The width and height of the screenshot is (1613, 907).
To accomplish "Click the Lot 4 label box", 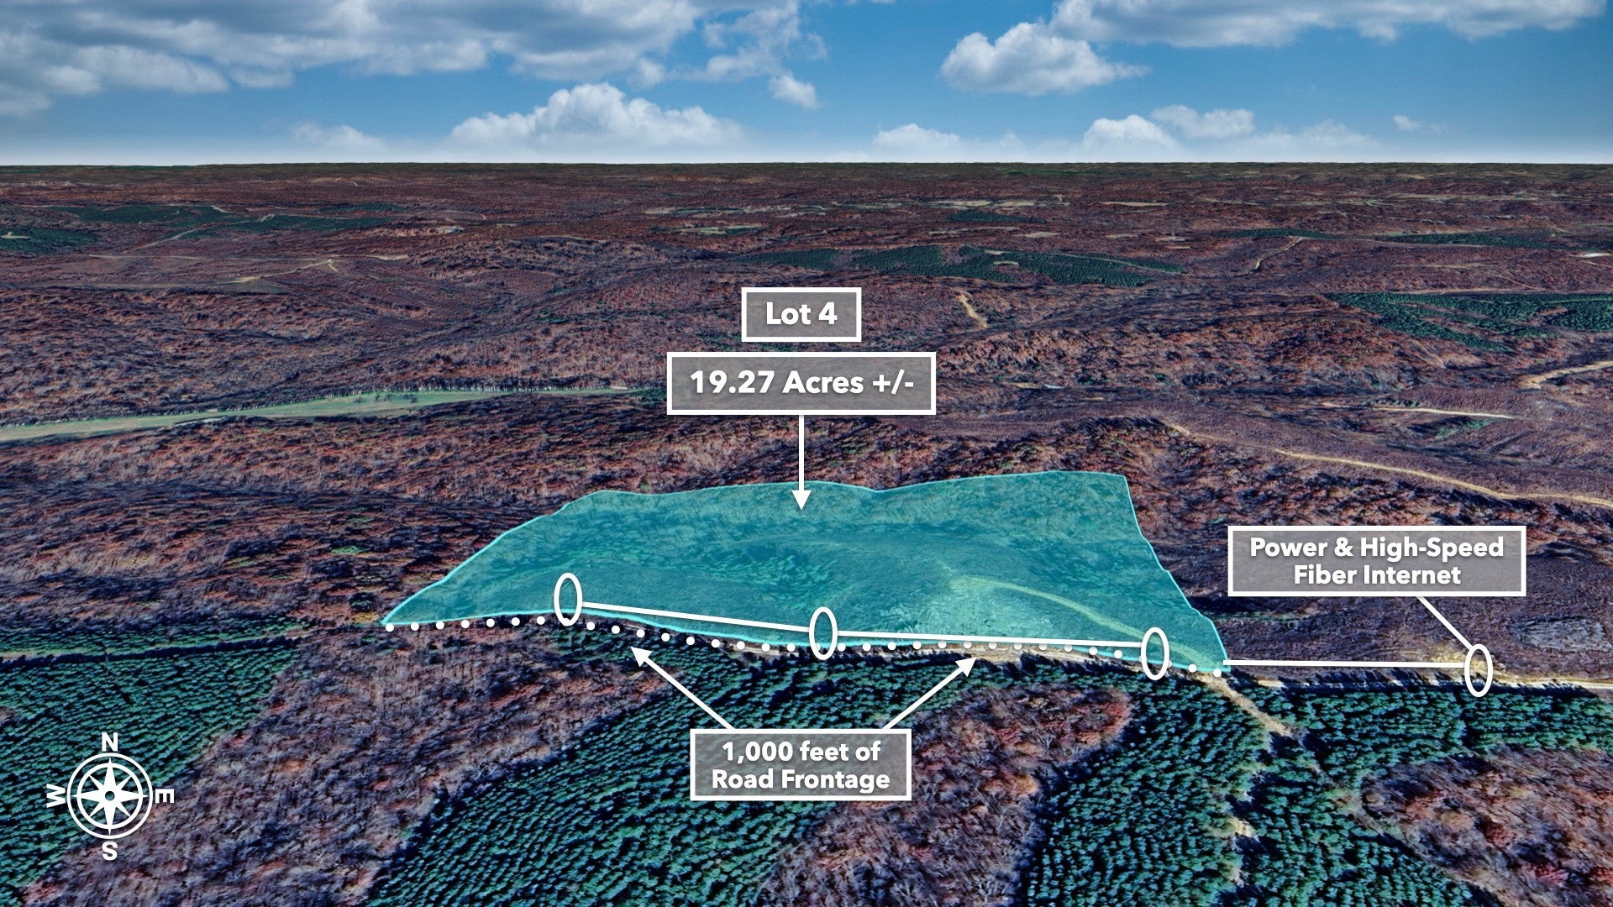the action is click(801, 315).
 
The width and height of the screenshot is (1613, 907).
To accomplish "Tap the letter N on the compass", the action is click(109, 742).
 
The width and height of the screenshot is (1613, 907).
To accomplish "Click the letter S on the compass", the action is click(109, 851).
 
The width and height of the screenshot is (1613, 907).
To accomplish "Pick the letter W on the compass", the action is click(55, 797).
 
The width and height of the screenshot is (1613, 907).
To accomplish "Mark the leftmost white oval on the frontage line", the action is click(568, 599).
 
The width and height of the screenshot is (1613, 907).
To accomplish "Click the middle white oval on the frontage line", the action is click(823, 633).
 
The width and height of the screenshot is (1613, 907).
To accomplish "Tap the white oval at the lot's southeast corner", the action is click(1155, 653).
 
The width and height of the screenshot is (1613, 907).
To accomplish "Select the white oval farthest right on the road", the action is click(1478, 670).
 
